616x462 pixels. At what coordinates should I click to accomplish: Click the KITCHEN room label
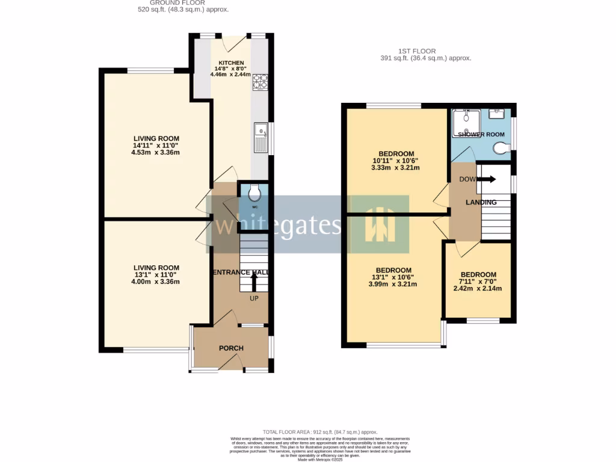231,63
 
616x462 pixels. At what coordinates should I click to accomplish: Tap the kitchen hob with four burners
260,81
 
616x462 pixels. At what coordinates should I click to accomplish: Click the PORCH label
231,348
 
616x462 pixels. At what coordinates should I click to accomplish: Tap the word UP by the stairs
254,298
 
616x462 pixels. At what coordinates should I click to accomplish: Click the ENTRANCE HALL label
239,273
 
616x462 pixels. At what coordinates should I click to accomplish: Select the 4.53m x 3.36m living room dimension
156,152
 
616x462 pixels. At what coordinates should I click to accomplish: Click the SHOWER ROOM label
481,134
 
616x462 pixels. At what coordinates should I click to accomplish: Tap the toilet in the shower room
500,148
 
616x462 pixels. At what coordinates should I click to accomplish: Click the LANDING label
481,203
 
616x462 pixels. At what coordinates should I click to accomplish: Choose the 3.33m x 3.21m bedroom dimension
396,167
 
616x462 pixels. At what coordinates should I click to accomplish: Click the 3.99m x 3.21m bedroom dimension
393,285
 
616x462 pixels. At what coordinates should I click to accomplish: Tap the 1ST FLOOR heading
416,51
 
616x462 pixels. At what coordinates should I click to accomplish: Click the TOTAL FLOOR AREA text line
319,432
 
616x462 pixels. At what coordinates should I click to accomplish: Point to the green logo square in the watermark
380,224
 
